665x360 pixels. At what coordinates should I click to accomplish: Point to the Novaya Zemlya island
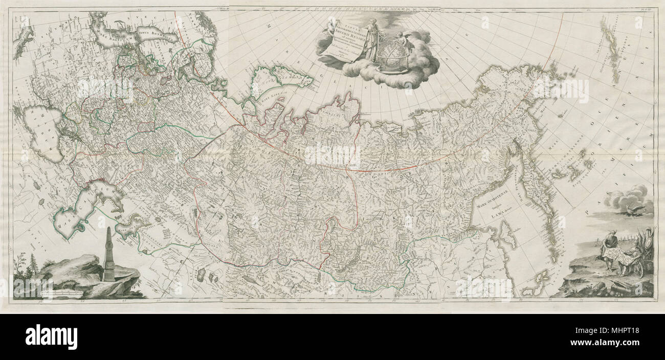point(281,82)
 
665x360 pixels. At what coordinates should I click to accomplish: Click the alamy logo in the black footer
point(51,337)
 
